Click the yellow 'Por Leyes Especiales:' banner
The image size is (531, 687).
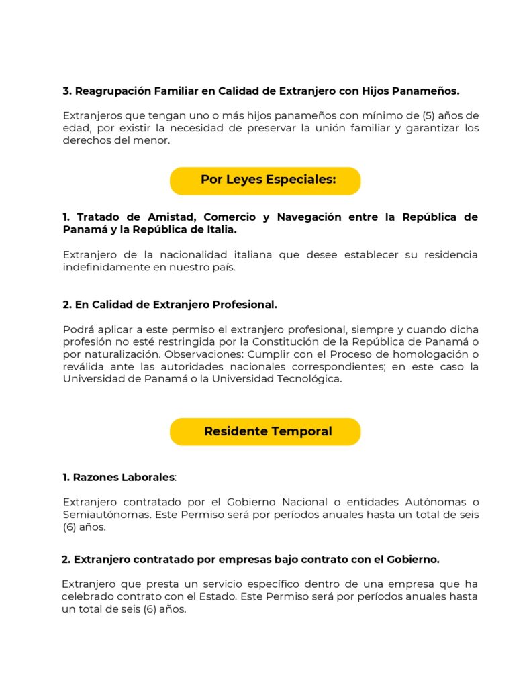click(265, 180)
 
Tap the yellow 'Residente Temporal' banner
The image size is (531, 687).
click(265, 431)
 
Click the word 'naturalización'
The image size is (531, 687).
click(119, 354)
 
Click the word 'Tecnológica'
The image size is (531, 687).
click(309, 380)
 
